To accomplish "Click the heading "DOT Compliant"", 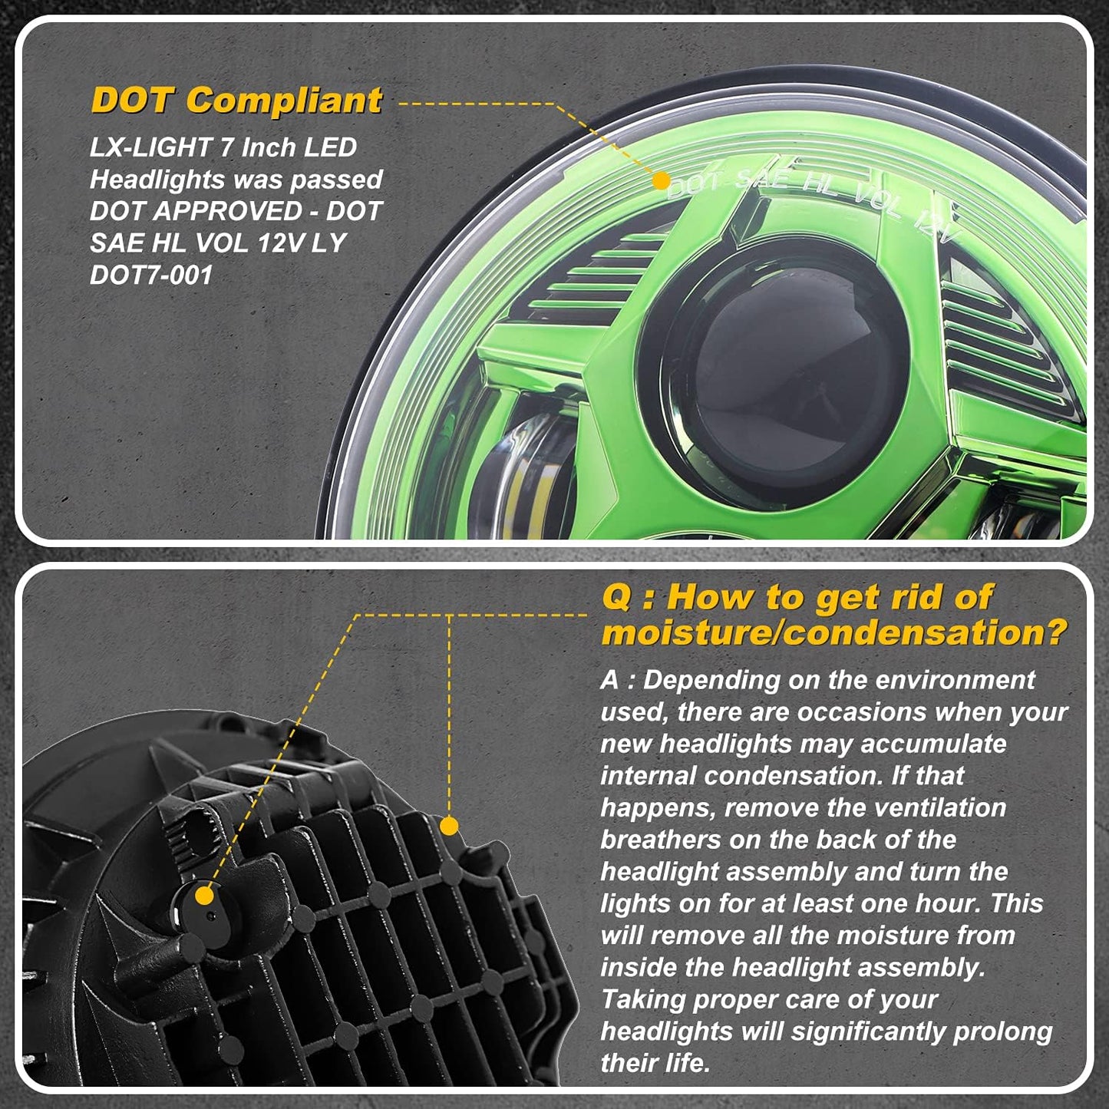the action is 236,101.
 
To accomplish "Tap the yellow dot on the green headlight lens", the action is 662,180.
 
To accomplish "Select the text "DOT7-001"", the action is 151,275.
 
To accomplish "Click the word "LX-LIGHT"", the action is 151,148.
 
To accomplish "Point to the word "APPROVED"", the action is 228,211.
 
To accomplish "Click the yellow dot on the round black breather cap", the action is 204,896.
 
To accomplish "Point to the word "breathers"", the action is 661,840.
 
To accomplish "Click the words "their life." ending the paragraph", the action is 655,1063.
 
